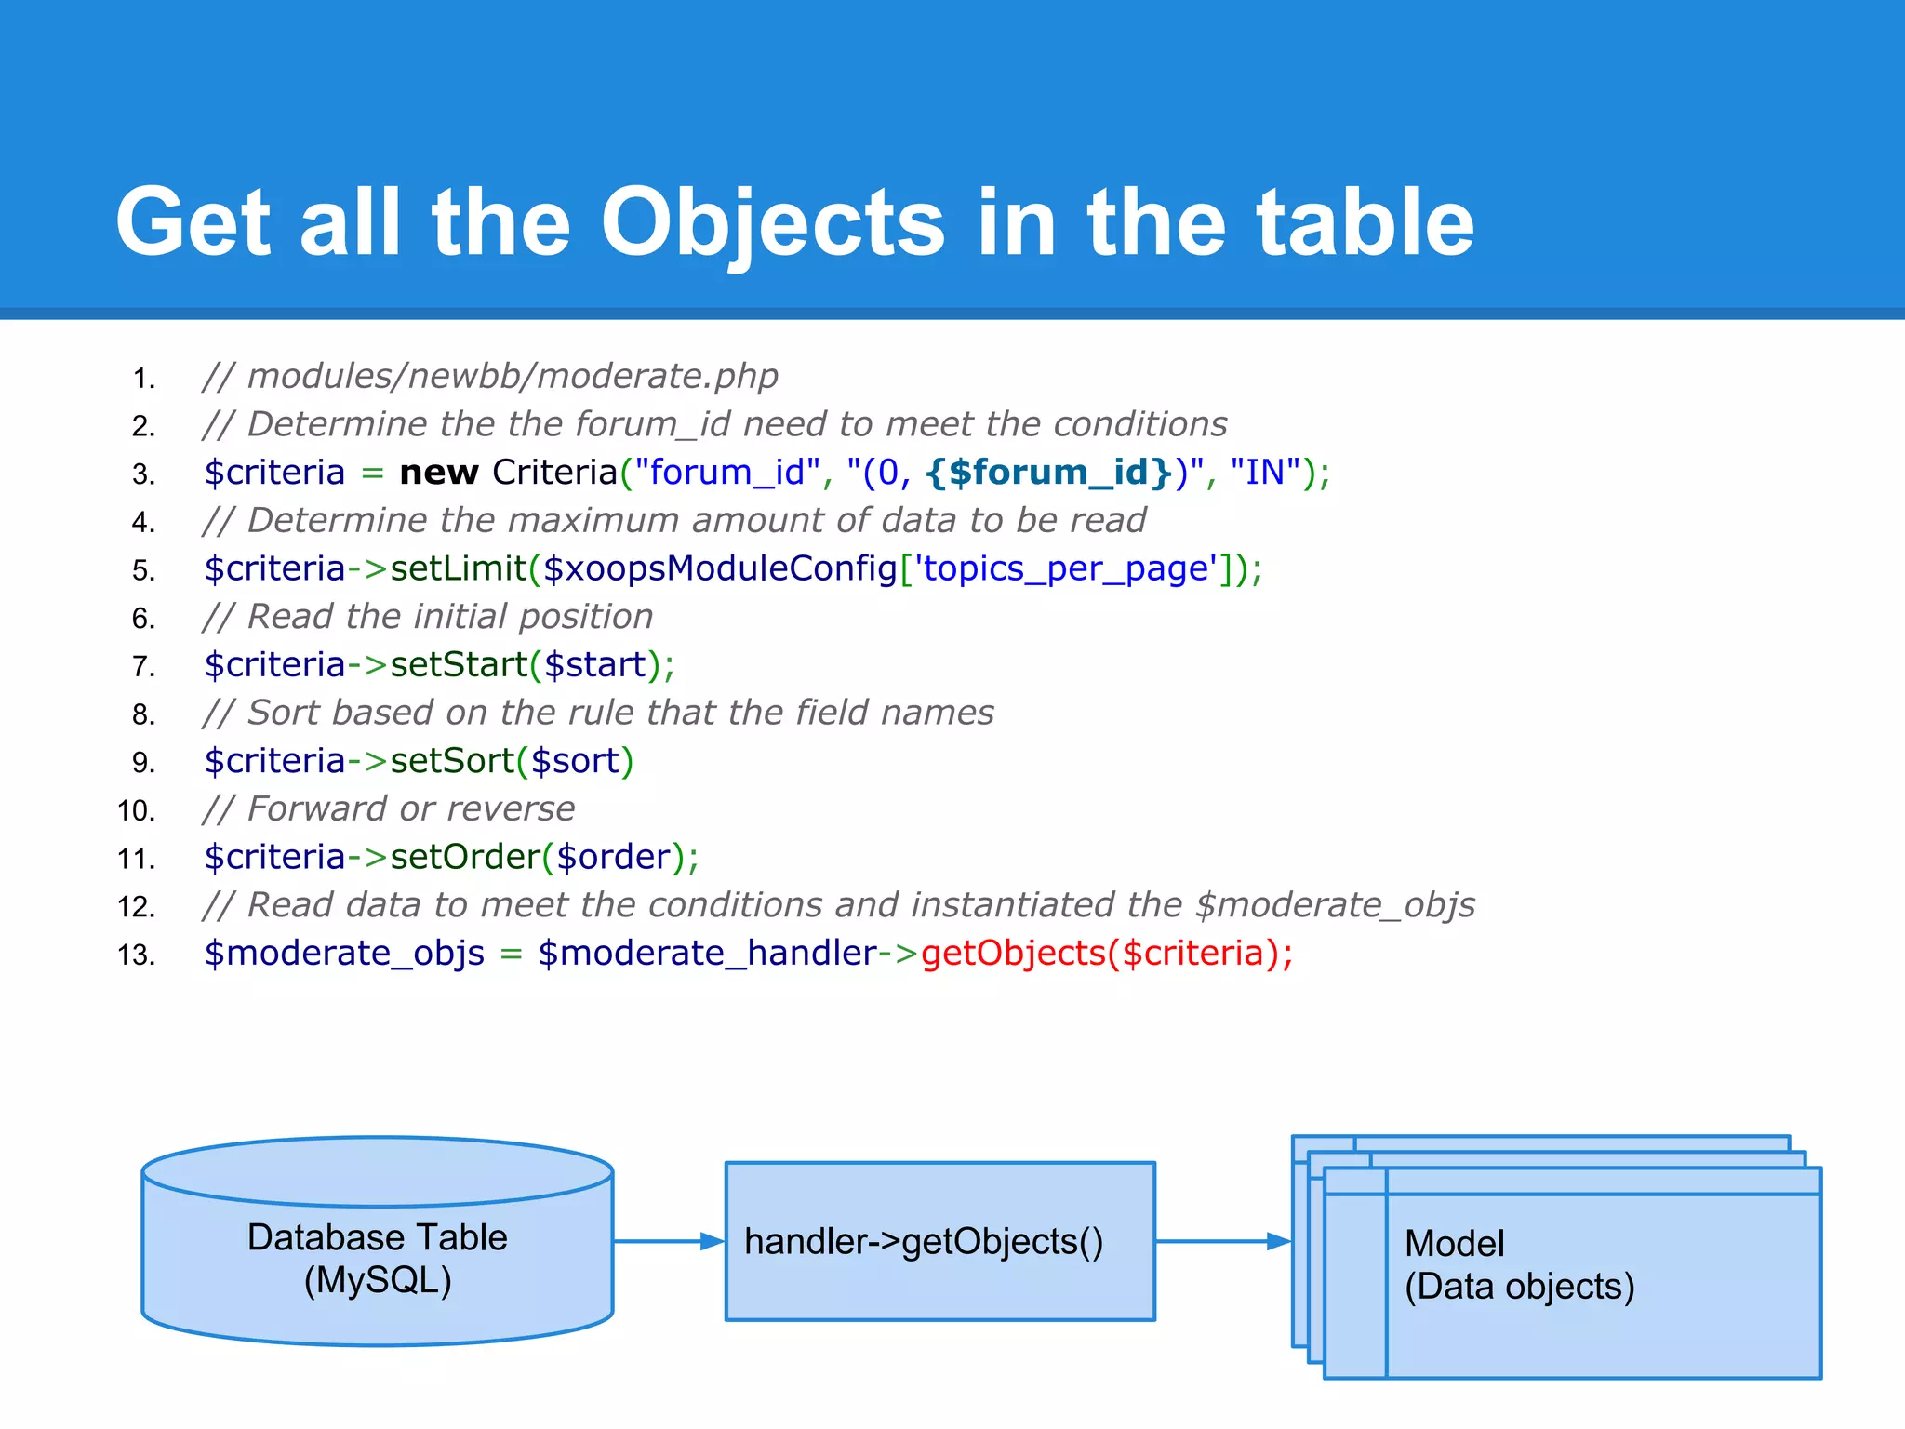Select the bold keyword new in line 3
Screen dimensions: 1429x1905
pos(438,473)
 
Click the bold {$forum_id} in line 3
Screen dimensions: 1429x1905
pos(1048,473)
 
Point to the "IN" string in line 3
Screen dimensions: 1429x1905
pos(1265,473)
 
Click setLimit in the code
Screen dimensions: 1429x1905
pos(458,568)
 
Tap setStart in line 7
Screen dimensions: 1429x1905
pos(459,665)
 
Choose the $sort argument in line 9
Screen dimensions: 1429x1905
pos(575,761)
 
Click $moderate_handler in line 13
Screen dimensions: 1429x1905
pos(707,954)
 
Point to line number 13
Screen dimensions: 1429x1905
pos(136,955)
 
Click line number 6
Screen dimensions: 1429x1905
pos(143,619)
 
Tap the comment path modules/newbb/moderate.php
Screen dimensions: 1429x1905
pos(513,376)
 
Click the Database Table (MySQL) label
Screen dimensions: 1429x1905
pos(378,1259)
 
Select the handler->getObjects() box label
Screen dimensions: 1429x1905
pos(924,1242)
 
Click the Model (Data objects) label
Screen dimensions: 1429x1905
pos(1519,1265)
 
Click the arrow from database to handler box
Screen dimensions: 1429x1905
pos(668,1241)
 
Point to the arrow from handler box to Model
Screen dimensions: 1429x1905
pos(1222,1241)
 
